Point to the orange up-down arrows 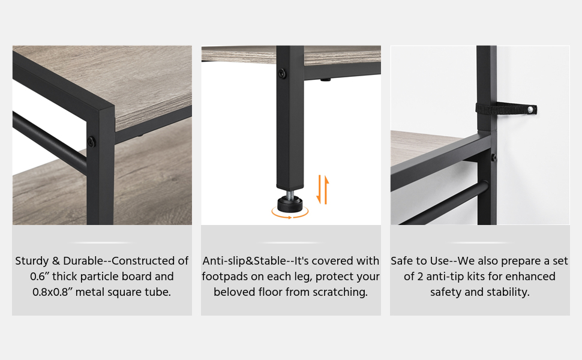click(322, 189)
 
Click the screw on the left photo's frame click(91, 142)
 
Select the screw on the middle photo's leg click(283, 73)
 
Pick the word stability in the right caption click(507, 292)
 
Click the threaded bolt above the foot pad click(290, 193)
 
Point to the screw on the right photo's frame click(493, 158)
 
